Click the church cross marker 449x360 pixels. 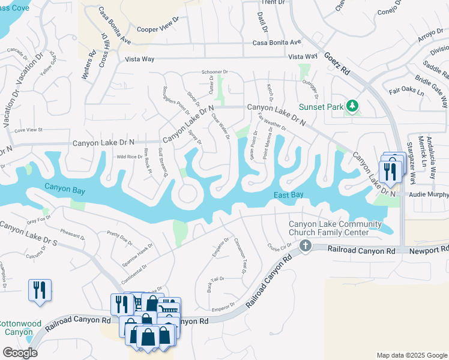point(306,245)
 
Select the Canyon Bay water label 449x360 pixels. point(64,190)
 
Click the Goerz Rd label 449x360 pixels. point(338,62)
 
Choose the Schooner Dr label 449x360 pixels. point(215,71)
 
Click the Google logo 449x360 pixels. point(19,353)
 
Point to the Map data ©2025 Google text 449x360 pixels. point(411,355)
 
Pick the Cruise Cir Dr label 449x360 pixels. point(279,245)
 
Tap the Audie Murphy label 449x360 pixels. point(429,195)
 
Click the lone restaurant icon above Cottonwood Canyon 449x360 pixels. point(40,290)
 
